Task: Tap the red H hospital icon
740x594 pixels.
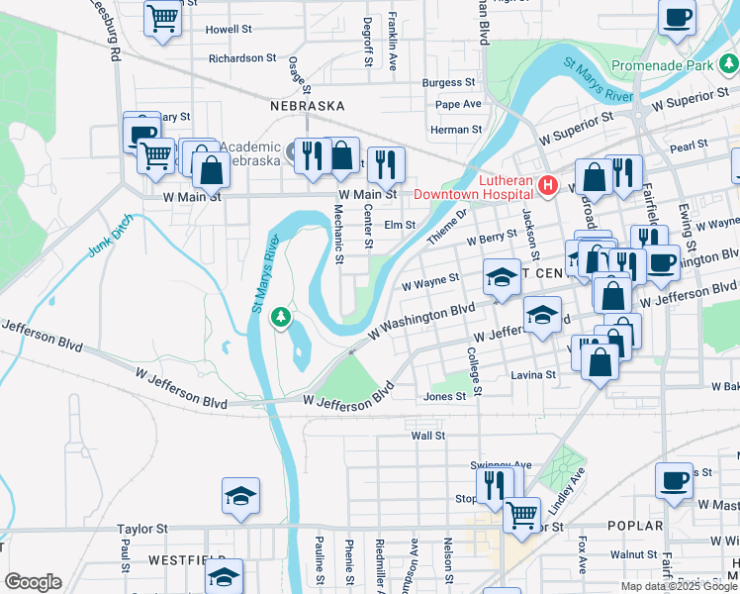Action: click(x=547, y=185)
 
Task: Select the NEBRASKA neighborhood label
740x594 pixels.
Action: click(x=308, y=105)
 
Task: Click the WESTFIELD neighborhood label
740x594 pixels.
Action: click(x=182, y=559)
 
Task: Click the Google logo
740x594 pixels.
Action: click(x=33, y=582)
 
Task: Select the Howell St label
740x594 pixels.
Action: click(x=230, y=30)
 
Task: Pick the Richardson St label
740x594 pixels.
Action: click(x=242, y=58)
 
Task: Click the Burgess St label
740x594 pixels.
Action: click(x=449, y=83)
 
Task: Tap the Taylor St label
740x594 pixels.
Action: click(x=139, y=530)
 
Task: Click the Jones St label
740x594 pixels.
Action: click(x=444, y=396)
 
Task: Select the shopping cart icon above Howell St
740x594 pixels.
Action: click(x=162, y=17)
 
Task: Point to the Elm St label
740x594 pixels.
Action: click(x=400, y=225)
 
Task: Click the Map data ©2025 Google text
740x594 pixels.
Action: click(x=679, y=586)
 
